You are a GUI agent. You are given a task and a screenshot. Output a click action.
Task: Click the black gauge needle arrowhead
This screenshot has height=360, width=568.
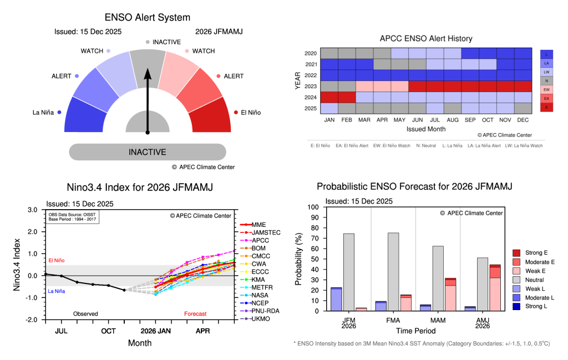point(148,73)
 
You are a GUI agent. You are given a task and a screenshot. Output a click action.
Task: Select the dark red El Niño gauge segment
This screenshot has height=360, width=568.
point(211,116)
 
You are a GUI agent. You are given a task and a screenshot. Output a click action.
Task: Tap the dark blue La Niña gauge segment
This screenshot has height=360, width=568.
point(84,116)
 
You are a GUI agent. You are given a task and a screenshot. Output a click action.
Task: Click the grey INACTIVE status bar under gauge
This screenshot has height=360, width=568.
point(148,152)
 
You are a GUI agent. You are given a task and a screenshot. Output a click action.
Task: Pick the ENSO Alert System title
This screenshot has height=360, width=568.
point(148,18)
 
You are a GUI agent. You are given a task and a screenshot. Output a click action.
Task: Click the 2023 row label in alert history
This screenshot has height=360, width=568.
point(311,86)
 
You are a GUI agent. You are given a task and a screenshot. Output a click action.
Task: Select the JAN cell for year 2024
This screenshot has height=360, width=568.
point(329,97)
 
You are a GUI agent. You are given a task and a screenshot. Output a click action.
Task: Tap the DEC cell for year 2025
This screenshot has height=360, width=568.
point(523,108)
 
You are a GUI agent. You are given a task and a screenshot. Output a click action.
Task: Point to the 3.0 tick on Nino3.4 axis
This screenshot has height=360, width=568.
point(33,210)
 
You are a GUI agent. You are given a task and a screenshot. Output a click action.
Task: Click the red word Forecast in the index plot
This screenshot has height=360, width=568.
point(195,314)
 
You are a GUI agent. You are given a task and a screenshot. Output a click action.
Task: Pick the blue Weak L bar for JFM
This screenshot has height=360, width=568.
point(336,300)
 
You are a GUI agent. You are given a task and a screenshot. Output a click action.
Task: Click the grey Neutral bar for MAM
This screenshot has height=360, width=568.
point(437,278)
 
